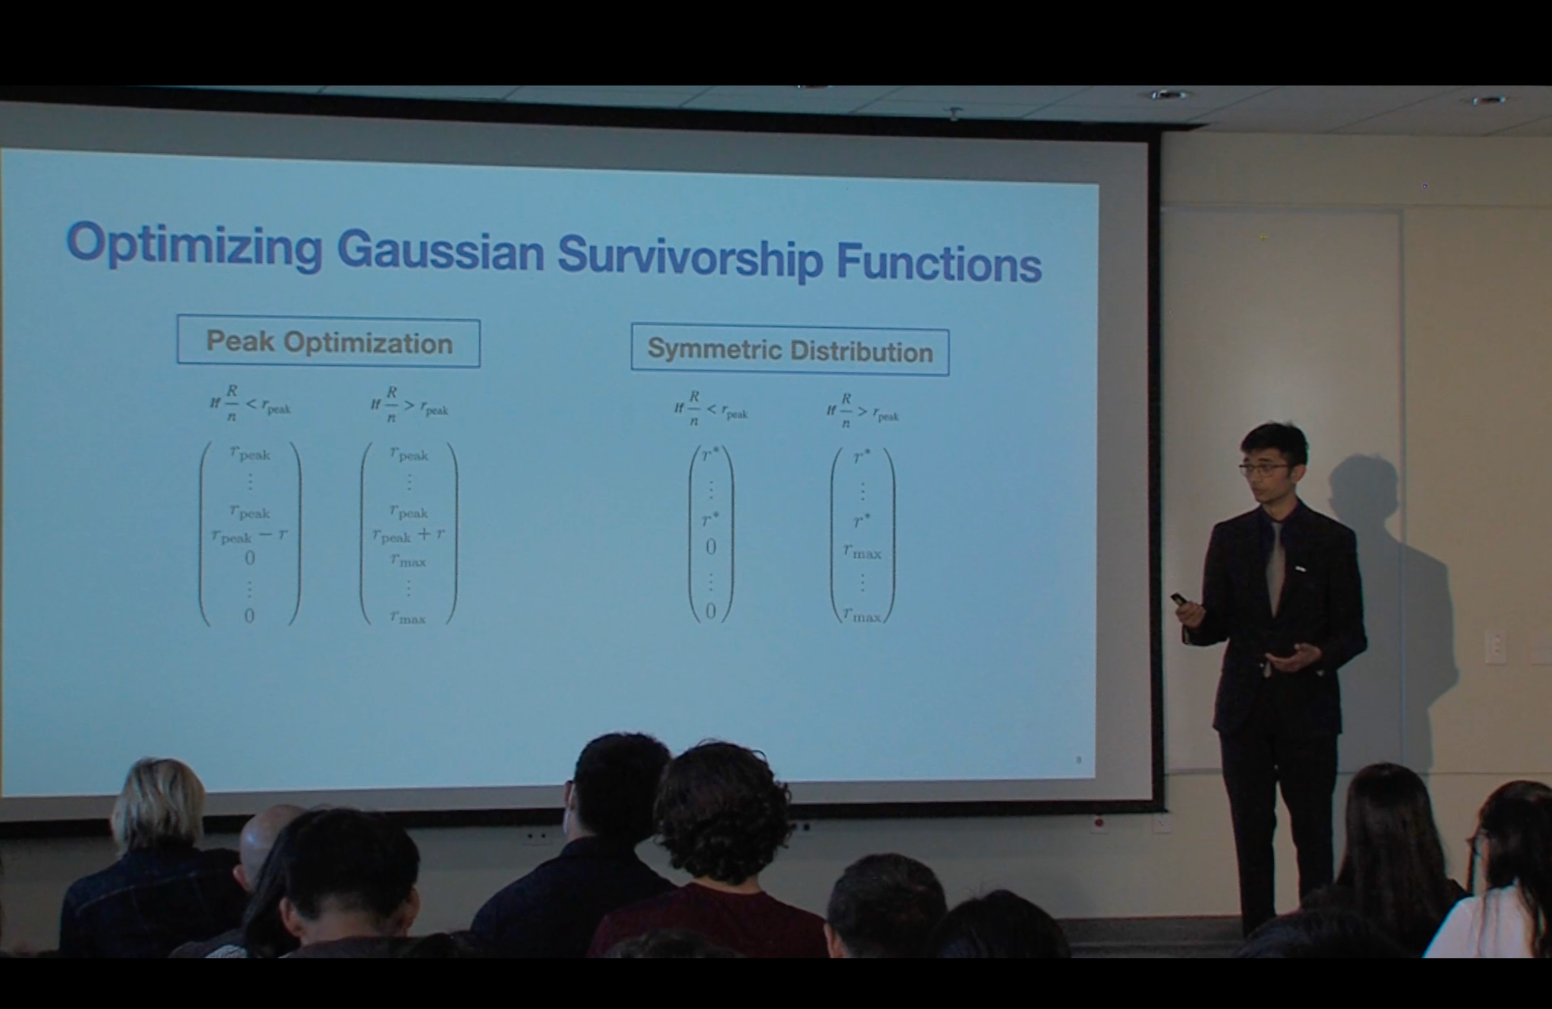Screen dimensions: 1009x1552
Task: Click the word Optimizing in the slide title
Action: pos(194,244)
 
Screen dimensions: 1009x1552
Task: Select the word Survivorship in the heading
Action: pos(690,258)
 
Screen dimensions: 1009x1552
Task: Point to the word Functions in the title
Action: pos(939,263)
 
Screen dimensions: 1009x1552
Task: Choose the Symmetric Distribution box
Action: pos(790,351)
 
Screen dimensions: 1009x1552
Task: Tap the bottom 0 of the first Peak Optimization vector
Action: pos(249,615)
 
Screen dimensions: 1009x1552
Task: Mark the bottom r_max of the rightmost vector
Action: pos(862,615)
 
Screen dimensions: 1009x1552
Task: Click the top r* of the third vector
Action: pos(710,455)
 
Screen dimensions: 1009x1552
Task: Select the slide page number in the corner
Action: pos(1078,760)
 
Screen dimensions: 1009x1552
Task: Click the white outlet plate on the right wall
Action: pos(1496,647)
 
